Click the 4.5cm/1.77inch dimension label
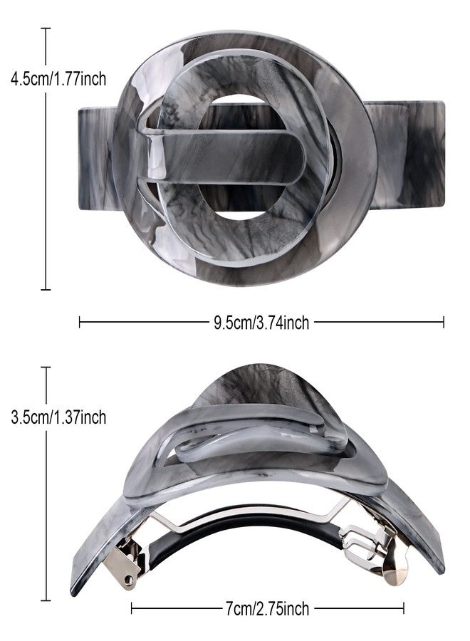coord(58,78)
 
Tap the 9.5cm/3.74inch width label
coord(261,323)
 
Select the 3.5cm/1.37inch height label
coord(58,417)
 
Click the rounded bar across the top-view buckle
coord(223,156)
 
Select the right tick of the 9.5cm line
coord(443,322)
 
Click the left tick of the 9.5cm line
coord(80,322)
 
